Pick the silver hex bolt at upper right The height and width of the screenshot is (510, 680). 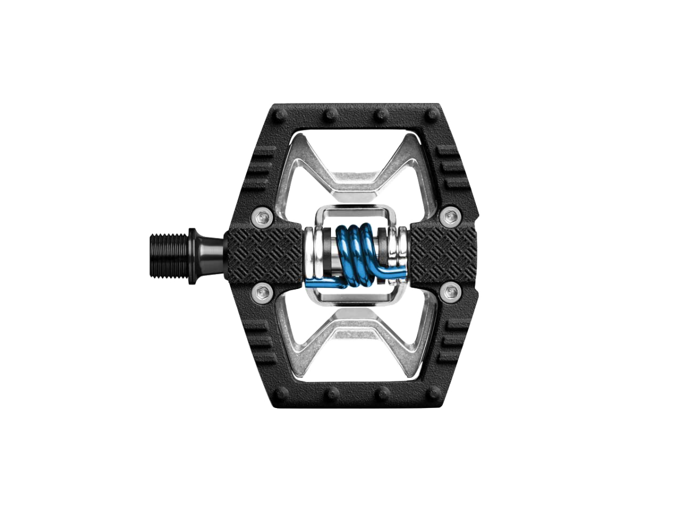450,215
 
